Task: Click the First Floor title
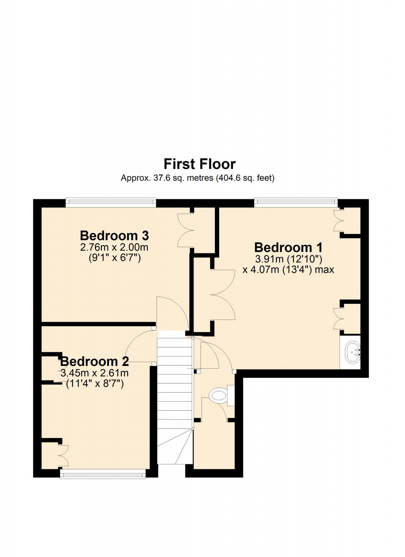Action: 199,164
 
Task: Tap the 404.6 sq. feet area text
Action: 245,178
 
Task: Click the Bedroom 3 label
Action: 114,236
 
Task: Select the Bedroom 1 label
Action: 288,248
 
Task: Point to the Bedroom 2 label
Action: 94,361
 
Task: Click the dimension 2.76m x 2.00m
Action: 114,248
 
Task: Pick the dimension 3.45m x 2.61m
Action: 94,373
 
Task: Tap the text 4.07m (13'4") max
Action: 288,270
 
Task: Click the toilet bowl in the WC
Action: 219,396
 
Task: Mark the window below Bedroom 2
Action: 103,473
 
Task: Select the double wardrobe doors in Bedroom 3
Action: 186,230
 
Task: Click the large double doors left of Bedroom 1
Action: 223,295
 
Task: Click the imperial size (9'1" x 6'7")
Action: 115,258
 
